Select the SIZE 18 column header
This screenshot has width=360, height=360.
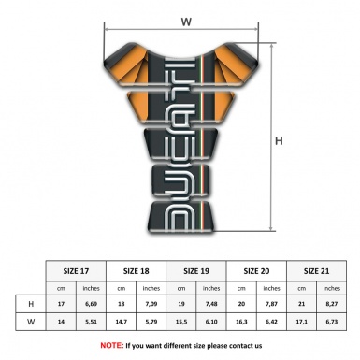coord(138,270)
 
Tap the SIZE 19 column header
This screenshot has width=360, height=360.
coord(198,270)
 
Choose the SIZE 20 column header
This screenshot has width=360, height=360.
coord(258,270)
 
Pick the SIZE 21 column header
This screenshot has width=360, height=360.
coord(317,270)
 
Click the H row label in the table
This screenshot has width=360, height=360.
coord(32,304)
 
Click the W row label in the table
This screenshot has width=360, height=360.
coord(32,322)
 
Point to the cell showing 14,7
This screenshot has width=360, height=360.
coord(123,322)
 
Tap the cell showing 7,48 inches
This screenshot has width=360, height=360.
coord(213,304)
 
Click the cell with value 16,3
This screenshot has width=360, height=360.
coord(242,322)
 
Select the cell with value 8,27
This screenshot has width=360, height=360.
coord(333,304)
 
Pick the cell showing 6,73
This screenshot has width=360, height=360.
coord(333,322)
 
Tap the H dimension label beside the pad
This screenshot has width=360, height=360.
coord(279,141)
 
